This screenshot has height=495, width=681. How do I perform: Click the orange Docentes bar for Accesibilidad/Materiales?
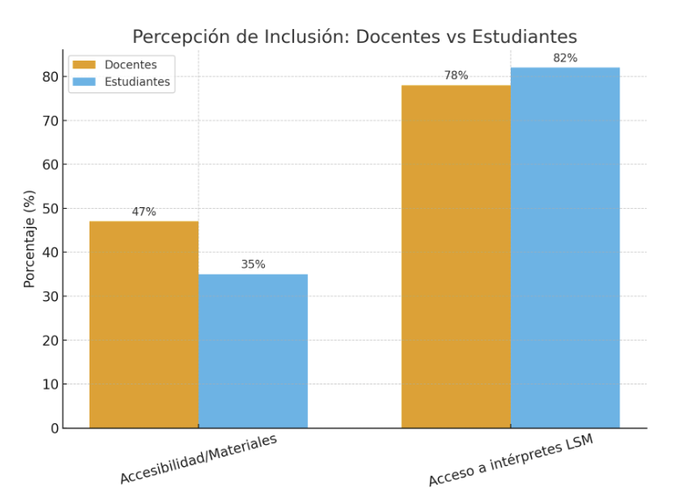144,325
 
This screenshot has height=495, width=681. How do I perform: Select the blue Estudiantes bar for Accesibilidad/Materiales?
253,351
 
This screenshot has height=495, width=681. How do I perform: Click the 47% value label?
144,212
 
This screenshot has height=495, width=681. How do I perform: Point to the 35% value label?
253,264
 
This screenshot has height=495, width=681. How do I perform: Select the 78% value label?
456,75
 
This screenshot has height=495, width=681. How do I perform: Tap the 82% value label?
565,58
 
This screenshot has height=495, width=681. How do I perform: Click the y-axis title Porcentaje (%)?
29,239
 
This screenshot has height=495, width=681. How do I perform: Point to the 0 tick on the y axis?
54,428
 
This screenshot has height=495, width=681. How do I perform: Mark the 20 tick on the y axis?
51,341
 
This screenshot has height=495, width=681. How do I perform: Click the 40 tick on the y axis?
51,253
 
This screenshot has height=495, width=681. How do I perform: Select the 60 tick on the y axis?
51,165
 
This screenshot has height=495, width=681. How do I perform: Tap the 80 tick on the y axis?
51,77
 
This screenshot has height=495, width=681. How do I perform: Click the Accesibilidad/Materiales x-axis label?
198,458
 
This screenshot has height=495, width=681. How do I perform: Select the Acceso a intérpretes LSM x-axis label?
511,460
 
